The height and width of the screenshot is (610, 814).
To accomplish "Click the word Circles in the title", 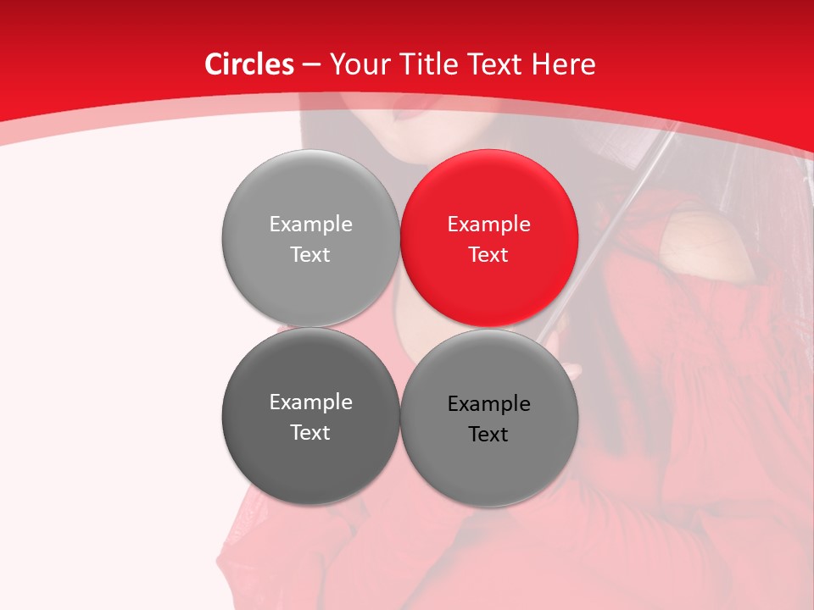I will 248,64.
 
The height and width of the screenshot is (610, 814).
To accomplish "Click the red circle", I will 488,238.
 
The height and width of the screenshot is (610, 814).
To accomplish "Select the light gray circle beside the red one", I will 310,238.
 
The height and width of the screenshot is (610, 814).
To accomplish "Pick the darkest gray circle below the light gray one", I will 310,416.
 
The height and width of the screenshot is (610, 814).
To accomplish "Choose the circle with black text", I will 488,418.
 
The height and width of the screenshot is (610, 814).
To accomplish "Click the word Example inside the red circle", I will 488,225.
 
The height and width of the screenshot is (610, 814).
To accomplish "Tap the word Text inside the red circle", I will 488,255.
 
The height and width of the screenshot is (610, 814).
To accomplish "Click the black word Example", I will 488,404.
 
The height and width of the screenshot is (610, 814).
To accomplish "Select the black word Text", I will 488,435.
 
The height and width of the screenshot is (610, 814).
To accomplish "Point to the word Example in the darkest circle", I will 310,402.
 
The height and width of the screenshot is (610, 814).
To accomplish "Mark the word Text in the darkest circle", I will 310,433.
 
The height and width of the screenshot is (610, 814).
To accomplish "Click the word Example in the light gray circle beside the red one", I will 310,225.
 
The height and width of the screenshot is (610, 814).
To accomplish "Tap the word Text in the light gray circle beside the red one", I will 310,255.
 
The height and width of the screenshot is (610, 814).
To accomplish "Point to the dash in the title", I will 310,65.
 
